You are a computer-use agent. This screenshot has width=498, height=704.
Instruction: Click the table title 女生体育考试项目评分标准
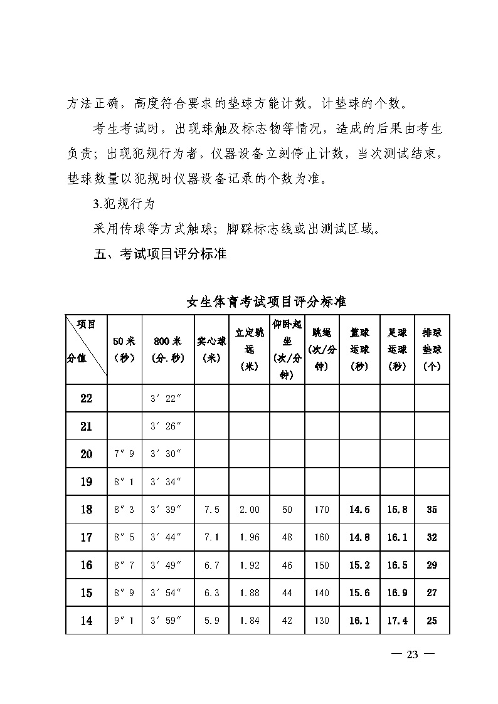(x=267, y=302)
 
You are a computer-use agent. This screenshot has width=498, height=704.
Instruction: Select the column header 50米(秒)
(x=124, y=349)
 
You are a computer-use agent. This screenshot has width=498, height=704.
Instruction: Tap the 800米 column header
(x=167, y=349)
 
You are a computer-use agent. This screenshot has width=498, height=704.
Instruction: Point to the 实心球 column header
(x=211, y=349)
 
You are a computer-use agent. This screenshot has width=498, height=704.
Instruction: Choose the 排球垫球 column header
(x=432, y=349)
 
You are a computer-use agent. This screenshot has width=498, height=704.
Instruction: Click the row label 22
(x=87, y=399)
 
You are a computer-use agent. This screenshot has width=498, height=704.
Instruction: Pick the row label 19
(x=87, y=482)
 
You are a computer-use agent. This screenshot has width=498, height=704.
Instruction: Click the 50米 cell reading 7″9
(x=124, y=454)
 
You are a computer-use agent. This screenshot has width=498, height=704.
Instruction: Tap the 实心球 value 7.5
(x=212, y=510)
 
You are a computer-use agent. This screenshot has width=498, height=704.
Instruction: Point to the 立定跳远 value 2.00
(x=249, y=510)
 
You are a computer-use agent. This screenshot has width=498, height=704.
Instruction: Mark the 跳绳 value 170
(x=321, y=510)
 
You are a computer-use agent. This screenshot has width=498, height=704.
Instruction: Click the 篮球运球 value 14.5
(x=359, y=510)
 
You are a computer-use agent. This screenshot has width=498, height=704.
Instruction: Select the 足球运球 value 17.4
(x=397, y=621)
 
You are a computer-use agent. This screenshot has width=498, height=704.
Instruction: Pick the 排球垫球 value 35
(x=432, y=510)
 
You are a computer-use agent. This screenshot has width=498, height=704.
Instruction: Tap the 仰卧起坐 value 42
(x=287, y=621)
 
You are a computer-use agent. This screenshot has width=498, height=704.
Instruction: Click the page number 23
(x=412, y=654)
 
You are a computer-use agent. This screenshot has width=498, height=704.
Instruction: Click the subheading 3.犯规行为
(x=123, y=204)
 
